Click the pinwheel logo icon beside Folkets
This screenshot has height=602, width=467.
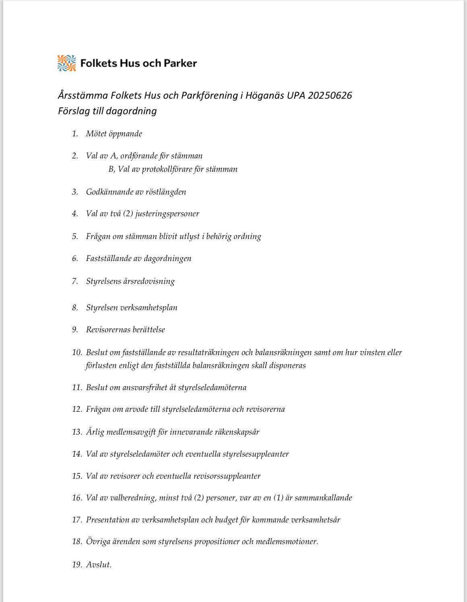[66, 63]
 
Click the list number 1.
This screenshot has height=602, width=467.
[75, 134]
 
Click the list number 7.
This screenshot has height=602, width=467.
[75, 281]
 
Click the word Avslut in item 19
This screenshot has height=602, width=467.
[98, 565]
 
